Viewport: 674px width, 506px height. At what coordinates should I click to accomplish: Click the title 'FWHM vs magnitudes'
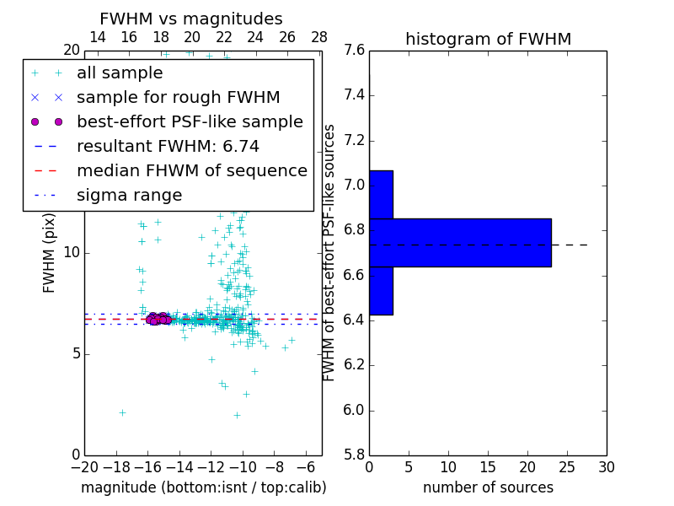pyautogui.click(x=191, y=19)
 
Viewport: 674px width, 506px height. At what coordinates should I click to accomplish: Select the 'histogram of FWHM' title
pyautogui.click(x=488, y=40)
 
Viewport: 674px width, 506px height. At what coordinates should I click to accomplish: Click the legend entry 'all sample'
pyautogui.click(x=120, y=73)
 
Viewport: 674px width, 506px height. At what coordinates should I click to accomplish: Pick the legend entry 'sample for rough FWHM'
pyautogui.click(x=178, y=98)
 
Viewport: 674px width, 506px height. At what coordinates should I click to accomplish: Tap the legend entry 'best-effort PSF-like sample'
pyautogui.click(x=190, y=122)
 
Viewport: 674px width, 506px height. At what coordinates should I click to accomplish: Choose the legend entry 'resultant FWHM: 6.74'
pyautogui.click(x=168, y=147)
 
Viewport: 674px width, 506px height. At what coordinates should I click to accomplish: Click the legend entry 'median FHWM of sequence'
pyautogui.click(x=191, y=171)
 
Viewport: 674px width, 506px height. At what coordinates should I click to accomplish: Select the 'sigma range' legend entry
pyautogui.click(x=129, y=196)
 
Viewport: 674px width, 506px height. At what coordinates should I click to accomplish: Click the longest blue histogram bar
pyautogui.click(x=460, y=243)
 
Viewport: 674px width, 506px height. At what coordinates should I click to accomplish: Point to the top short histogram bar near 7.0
pyautogui.click(x=381, y=195)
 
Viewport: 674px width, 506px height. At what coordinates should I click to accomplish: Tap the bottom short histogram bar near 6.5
pyautogui.click(x=381, y=291)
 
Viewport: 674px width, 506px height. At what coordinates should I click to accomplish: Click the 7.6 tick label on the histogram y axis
pyautogui.click(x=355, y=51)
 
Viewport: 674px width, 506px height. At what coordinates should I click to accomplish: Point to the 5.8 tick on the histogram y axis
pyautogui.click(x=355, y=455)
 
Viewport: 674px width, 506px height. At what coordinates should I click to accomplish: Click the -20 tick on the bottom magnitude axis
pyautogui.click(x=84, y=467)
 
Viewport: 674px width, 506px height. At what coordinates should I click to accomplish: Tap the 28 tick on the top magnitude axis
pyautogui.click(x=319, y=37)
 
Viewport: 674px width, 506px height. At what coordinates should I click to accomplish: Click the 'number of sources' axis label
pyautogui.click(x=488, y=487)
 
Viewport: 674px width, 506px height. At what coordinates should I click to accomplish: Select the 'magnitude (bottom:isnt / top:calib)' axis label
pyautogui.click(x=203, y=487)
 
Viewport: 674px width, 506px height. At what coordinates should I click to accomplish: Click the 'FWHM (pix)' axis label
pyautogui.click(x=50, y=253)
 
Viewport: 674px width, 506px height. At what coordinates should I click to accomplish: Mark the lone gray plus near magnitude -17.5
pyautogui.click(x=122, y=412)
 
